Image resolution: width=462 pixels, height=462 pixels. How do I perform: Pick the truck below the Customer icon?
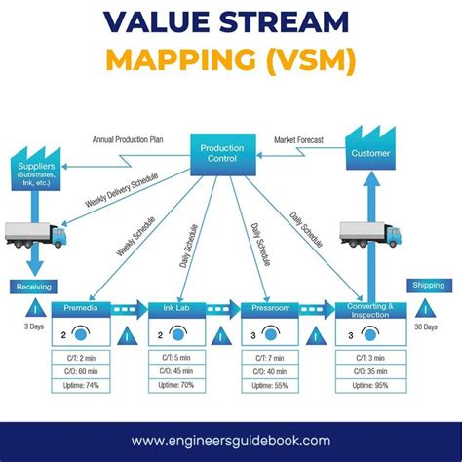(x=369, y=234)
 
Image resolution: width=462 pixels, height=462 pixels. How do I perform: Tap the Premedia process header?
(x=81, y=308)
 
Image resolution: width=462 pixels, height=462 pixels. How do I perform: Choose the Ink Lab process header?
(x=175, y=309)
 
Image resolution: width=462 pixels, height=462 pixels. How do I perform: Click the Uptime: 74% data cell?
(x=81, y=386)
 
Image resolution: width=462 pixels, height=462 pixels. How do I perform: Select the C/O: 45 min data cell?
(x=175, y=372)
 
